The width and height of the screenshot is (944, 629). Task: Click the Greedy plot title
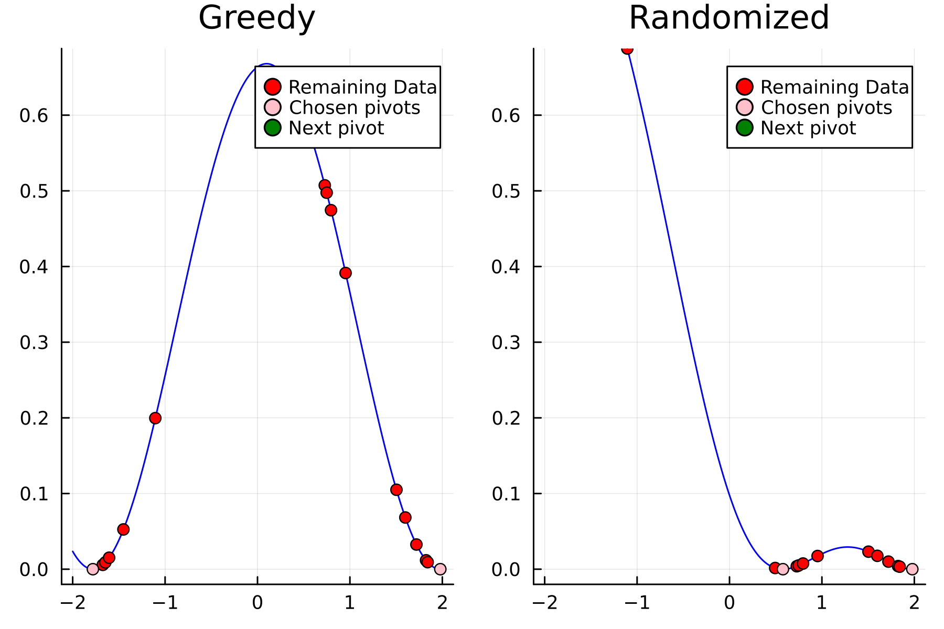pyautogui.click(x=256, y=18)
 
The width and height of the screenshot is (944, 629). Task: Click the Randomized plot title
pyautogui.click(x=728, y=18)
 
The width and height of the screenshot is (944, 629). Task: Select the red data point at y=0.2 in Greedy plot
pyautogui.click(x=155, y=418)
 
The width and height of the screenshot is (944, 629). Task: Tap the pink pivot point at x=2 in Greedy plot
pyautogui.click(x=440, y=569)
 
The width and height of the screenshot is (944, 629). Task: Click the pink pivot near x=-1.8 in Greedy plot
pyautogui.click(x=92, y=569)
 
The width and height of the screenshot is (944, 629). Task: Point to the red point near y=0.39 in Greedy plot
pyautogui.click(x=345, y=273)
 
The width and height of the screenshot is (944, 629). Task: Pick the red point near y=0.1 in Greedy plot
pyautogui.click(x=396, y=490)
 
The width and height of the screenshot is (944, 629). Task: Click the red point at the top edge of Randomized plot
pyautogui.click(x=627, y=49)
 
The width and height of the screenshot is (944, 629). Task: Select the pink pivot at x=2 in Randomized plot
pyautogui.click(x=912, y=569)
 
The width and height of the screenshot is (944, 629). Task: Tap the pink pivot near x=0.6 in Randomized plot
pyautogui.click(x=782, y=569)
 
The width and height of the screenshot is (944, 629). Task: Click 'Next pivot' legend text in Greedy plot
pyautogui.click(x=336, y=128)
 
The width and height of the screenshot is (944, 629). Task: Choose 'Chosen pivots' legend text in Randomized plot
pyautogui.click(x=826, y=107)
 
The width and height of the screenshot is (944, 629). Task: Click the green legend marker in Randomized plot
pyautogui.click(x=744, y=127)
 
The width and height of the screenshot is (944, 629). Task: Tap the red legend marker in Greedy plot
pyautogui.click(x=272, y=86)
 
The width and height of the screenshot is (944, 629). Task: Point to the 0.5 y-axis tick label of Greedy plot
pyautogui.click(x=34, y=191)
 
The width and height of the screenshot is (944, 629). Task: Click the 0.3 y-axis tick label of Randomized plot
pyautogui.click(x=506, y=342)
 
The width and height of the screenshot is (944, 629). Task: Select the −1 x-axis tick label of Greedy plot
pyautogui.click(x=165, y=603)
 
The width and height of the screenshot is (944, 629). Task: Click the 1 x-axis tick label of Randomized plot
pyautogui.click(x=822, y=603)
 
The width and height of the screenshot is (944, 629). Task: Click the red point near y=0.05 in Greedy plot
pyautogui.click(x=123, y=529)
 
